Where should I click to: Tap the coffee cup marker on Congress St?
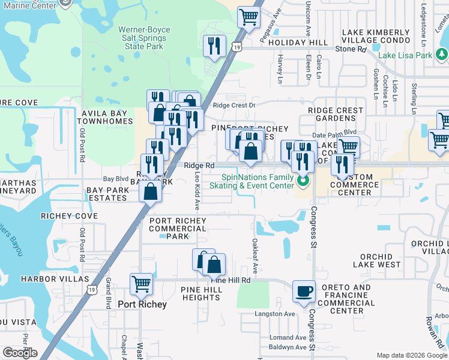(304, 291)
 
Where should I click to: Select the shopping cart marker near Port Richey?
(141, 283)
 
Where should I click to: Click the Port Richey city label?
(142, 304)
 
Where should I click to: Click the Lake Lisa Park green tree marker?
(442, 55)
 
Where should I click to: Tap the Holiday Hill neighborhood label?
(298, 43)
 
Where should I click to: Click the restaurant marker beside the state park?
(214, 46)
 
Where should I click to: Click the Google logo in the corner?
(19, 353)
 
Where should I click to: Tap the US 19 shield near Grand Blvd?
(91, 290)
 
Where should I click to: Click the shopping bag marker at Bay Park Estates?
(150, 192)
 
